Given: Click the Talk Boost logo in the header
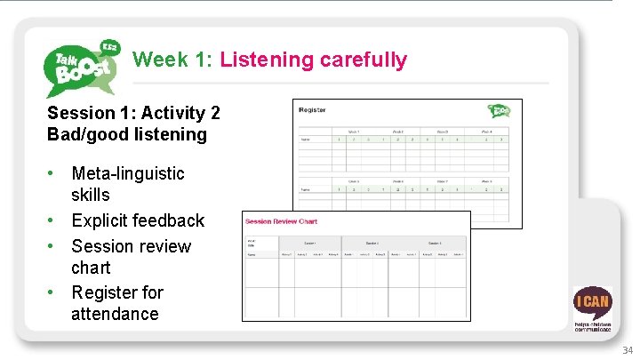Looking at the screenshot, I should click(x=80, y=68).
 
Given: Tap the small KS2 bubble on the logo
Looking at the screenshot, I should click(x=110, y=46).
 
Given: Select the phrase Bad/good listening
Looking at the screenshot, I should click(x=126, y=135).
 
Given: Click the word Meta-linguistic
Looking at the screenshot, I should click(x=128, y=173).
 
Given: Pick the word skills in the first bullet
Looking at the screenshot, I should click(x=91, y=195).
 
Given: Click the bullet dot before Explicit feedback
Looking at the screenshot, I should click(x=53, y=220).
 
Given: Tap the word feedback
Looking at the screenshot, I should click(x=170, y=220).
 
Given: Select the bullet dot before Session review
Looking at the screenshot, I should click(x=53, y=246).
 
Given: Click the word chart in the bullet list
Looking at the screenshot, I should click(x=91, y=268).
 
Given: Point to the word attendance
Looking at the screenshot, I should click(x=115, y=314).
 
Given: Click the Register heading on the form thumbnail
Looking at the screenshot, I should click(x=312, y=110).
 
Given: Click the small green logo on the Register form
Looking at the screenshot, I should click(x=499, y=110).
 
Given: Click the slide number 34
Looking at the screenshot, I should click(x=628, y=350).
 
